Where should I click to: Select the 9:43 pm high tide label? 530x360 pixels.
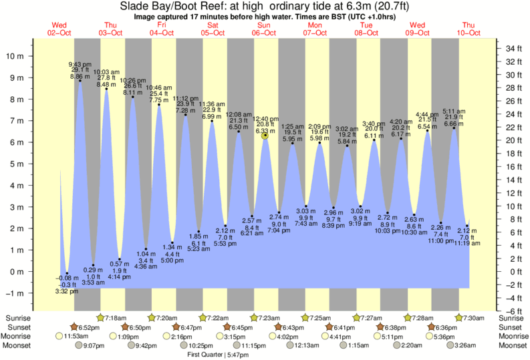(x=80, y=63)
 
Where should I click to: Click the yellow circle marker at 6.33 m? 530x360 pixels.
(x=265, y=136)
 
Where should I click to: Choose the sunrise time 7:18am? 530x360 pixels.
(x=116, y=318)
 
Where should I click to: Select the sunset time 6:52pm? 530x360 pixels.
(x=90, y=327)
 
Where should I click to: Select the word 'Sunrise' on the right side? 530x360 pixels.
(x=511, y=318)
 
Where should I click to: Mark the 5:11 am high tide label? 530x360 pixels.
(x=454, y=111)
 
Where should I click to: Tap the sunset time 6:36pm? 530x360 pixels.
(x=445, y=327)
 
